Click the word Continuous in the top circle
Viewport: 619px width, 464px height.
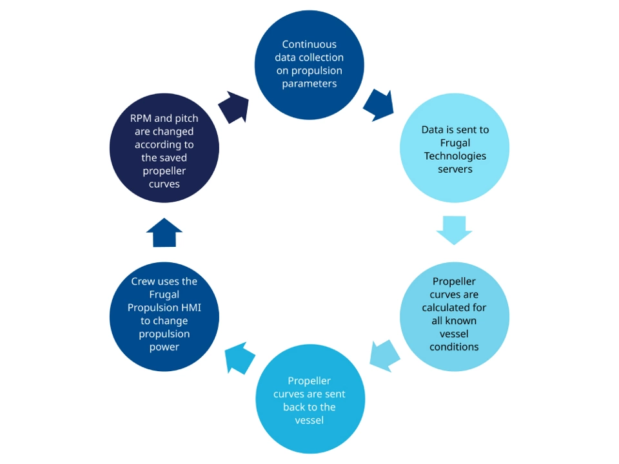tap(309, 44)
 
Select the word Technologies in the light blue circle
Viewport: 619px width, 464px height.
tap(455, 156)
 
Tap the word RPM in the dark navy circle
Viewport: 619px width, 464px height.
tap(141, 119)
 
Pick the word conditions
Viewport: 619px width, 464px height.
tap(454, 347)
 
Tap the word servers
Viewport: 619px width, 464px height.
tap(455, 169)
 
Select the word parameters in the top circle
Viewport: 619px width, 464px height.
tap(309, 84)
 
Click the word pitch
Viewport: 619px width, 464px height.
tap(186, 119)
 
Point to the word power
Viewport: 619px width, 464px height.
tap(164, 347)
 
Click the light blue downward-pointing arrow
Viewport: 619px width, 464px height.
tap(454, 230)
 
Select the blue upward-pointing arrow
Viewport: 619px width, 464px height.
tap(164, 233)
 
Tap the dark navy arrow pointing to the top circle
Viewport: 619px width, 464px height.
tap(234, 107)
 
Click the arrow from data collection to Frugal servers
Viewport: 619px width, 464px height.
tap(379, 105)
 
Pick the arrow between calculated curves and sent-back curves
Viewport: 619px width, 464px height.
tap(384, 356)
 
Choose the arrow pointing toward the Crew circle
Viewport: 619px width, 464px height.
tap(240, 358)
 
